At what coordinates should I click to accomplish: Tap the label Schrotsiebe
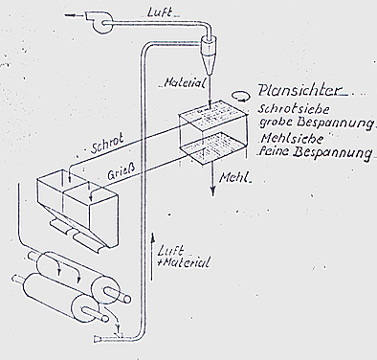294,109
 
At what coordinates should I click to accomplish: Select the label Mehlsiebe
292,139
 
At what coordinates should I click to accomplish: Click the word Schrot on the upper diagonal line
107,146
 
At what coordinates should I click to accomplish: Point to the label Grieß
121,173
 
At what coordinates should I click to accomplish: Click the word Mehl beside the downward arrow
234,177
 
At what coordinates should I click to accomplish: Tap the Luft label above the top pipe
160,12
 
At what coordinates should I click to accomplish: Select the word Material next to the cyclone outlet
184,83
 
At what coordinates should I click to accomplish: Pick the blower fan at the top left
100,22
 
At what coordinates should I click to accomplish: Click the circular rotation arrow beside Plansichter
239,96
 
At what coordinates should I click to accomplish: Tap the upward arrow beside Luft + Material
152,257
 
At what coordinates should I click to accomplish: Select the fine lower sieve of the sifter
213,149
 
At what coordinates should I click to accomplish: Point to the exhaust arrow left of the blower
73,14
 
